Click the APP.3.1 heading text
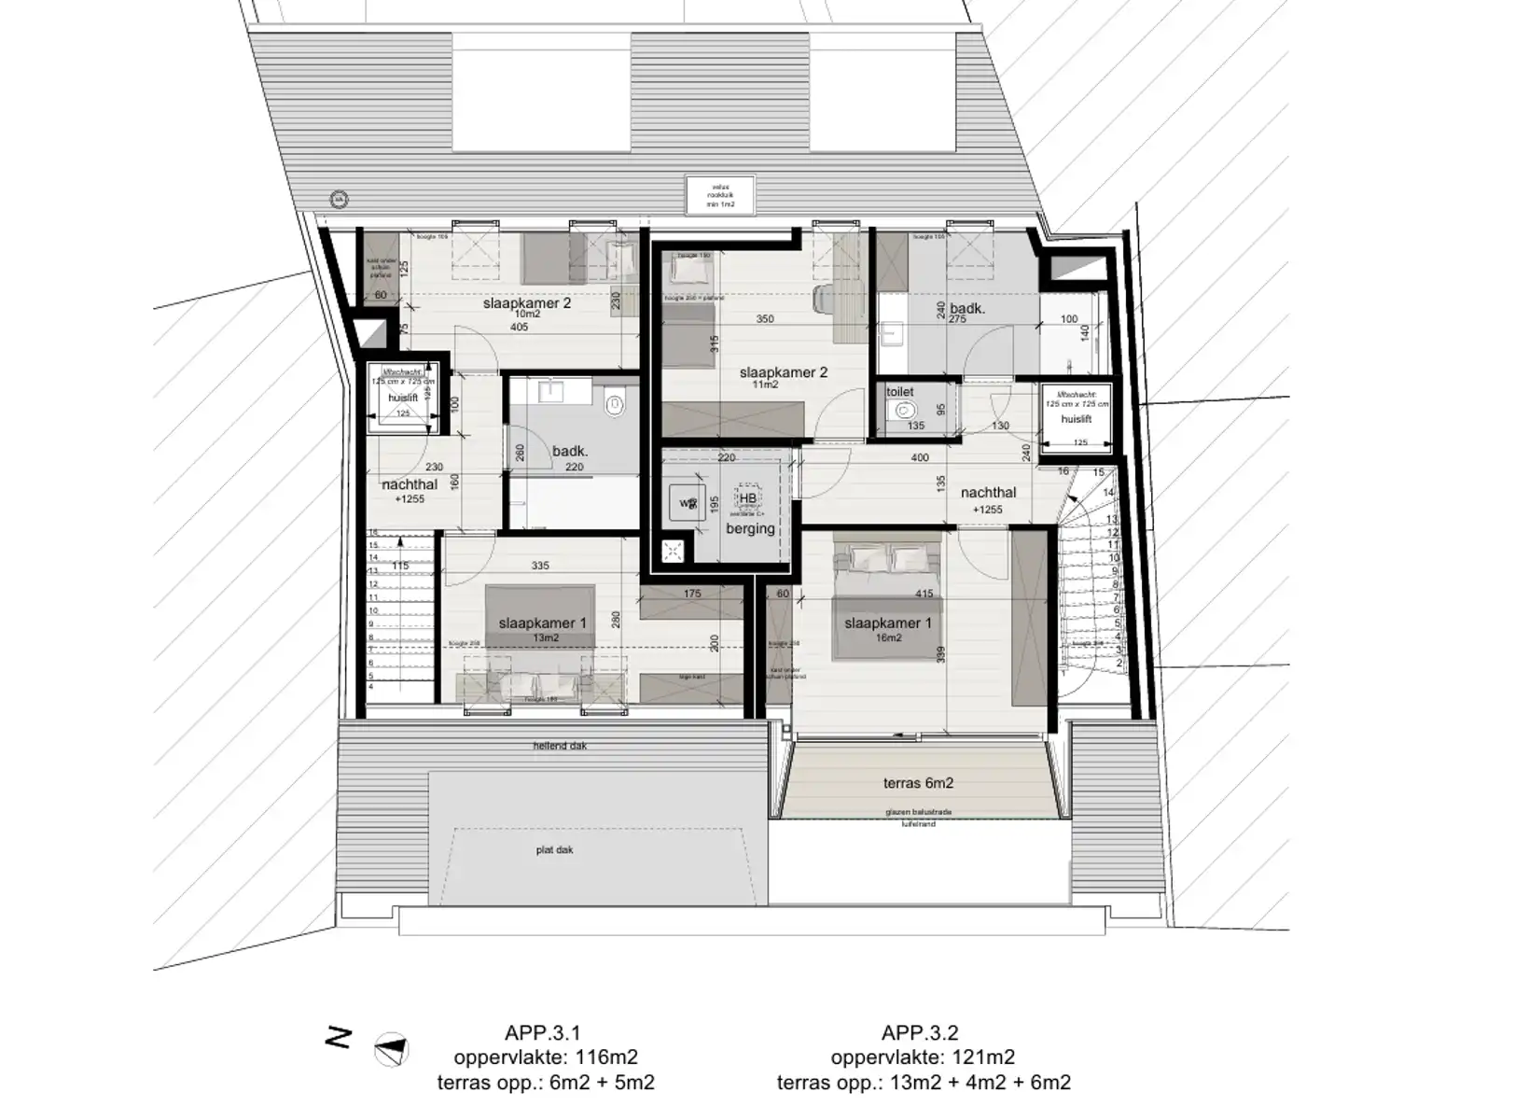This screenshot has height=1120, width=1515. [x=542, y=1032]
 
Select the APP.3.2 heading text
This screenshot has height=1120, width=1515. [x=919, y=1032]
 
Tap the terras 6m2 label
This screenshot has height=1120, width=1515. [x=918, y=783]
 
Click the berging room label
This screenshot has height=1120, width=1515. [x=750, y=528]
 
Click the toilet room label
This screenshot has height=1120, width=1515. [x=899, y=392]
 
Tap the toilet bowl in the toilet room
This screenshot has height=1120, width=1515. [x=902, y=411]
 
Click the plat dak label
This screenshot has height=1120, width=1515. [x=554, y=850]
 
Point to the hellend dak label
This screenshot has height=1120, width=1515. [x=560, y=746]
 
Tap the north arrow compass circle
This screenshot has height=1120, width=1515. [x=391, y=1050]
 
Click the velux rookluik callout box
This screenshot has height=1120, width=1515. [x=720, y=194]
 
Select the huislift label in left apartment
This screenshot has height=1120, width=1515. [x=402, y=398]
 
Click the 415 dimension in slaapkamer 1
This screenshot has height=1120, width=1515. [x=924, y=594]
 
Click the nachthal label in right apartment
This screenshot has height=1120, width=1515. [x=988, y=493]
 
